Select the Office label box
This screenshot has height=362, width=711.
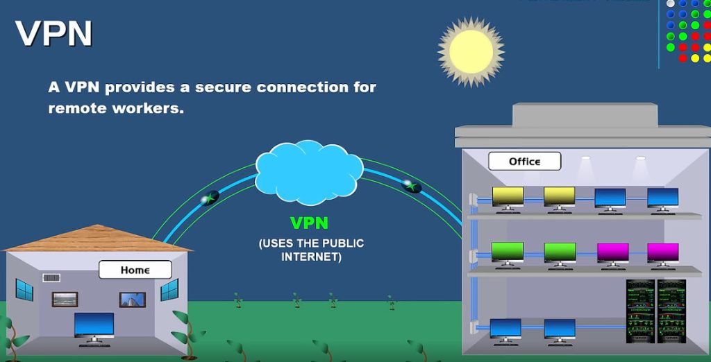524,162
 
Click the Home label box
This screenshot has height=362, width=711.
135,270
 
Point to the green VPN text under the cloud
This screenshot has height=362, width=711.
309,223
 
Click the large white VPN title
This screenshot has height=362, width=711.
53,33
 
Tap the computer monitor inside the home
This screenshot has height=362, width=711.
94,325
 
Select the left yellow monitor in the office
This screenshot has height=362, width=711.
508,196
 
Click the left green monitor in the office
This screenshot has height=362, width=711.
508,251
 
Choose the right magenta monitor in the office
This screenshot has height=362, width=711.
662,251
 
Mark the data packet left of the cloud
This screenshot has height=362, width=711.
210,198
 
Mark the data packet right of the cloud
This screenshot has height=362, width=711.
412,185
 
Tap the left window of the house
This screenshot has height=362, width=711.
24,290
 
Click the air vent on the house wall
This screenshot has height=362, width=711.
51,278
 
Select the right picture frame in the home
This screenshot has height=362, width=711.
132,300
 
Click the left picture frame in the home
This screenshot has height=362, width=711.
65,300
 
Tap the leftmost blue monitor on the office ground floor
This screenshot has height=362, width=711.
505,327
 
